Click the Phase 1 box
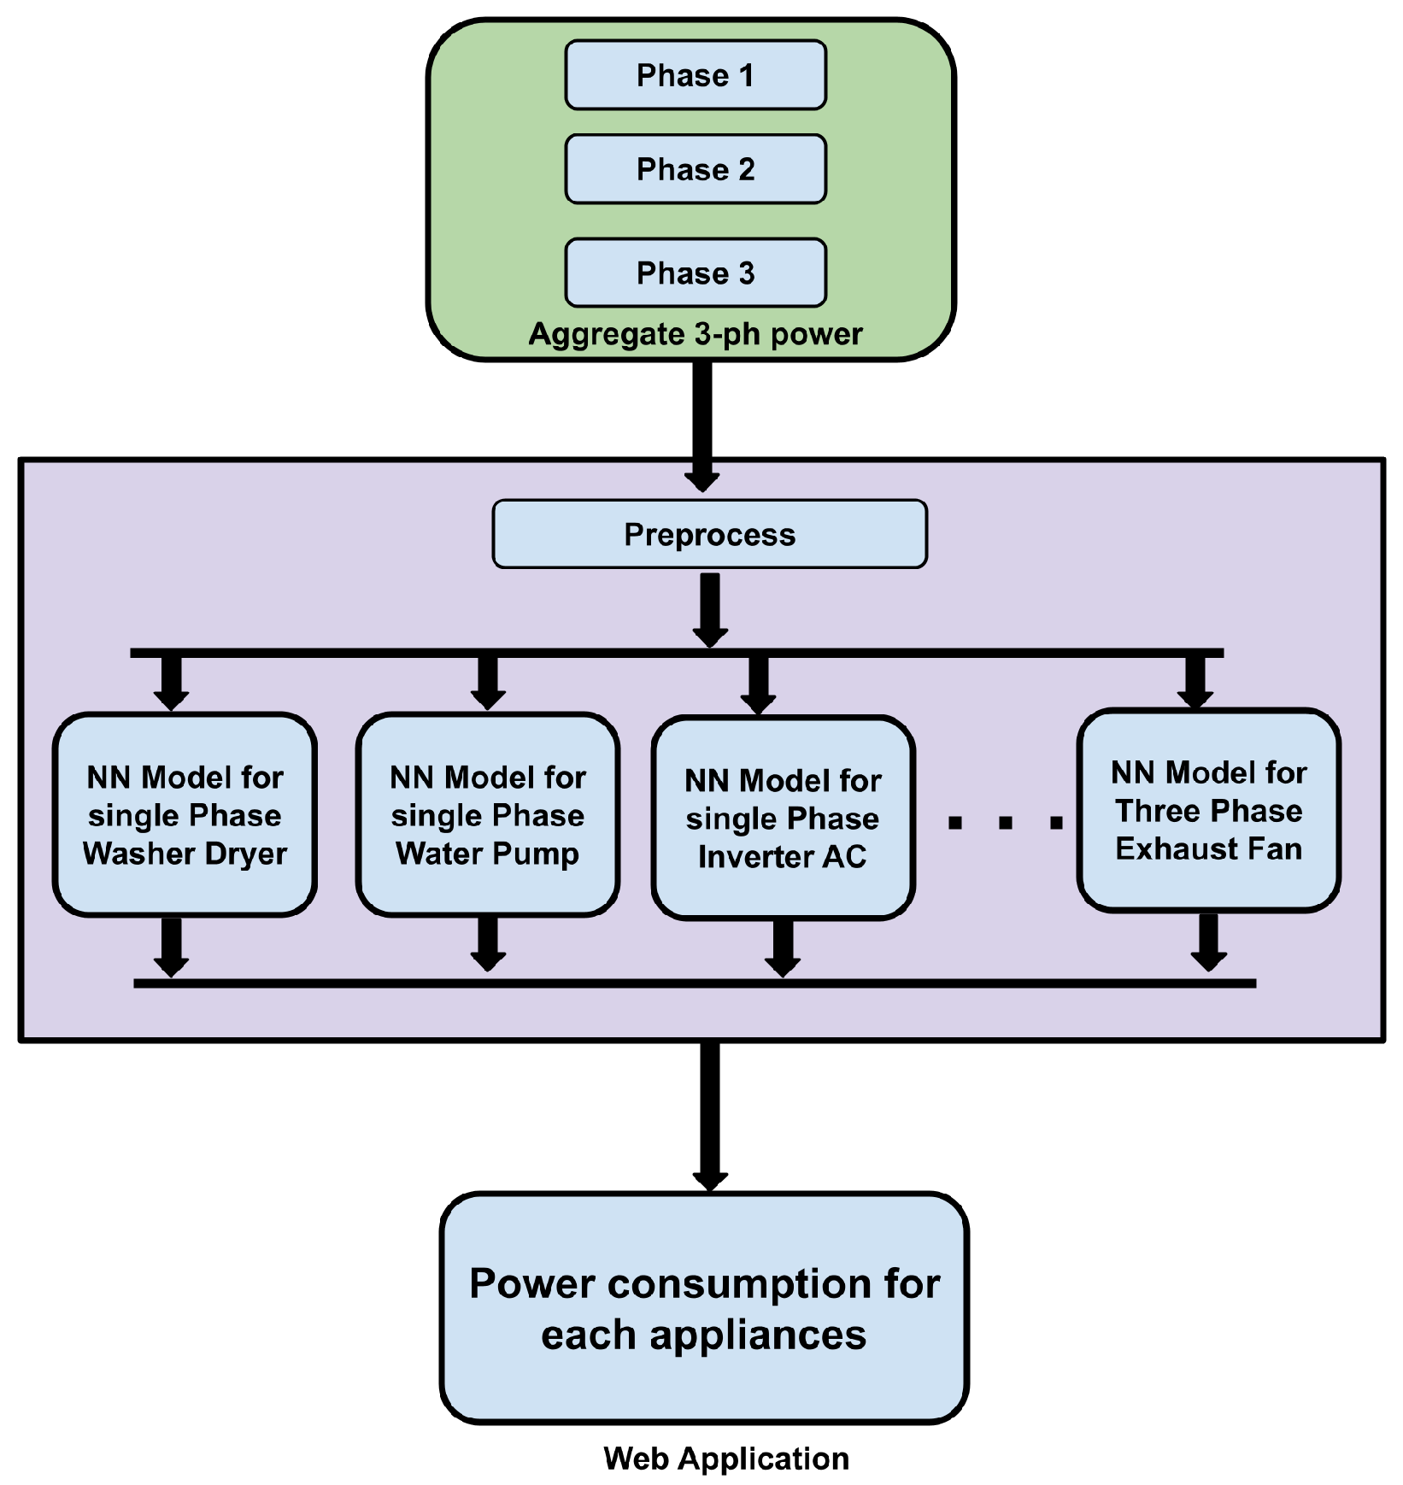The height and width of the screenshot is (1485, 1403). [696, 75]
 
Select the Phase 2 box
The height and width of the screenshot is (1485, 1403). [696, 169]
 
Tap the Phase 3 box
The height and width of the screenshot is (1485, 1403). [696, 273]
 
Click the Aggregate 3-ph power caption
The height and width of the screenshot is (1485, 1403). [696, 334]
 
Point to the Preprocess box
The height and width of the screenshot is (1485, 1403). [710, 534]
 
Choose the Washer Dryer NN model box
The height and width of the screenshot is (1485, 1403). [185, 814]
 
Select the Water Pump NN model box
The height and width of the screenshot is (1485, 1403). [488, 814]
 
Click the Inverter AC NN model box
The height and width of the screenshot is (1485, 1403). [784, 819]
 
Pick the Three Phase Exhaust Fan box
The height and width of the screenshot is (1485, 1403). [1209, 811]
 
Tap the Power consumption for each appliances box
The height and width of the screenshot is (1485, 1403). [705, 1308]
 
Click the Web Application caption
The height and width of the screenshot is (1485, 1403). [726, 1459]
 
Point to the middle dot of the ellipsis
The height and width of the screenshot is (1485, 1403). [1006, 823]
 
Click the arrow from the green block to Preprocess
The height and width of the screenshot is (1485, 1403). [702, 426]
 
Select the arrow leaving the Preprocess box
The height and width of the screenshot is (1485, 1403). [710, 610]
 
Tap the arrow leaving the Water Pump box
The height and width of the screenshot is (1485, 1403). [488, 944]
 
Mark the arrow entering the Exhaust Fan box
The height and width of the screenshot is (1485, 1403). [1195, 682]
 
